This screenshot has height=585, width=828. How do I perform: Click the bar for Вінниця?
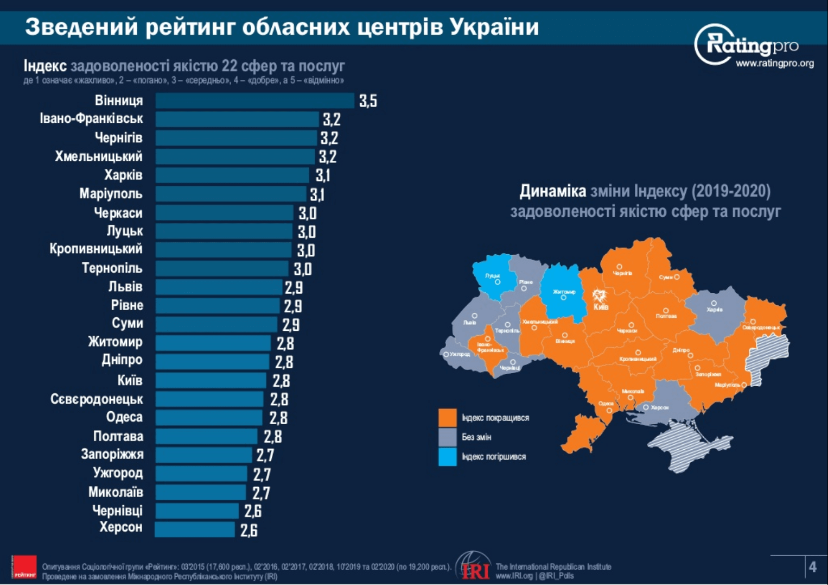[x=254, y=100]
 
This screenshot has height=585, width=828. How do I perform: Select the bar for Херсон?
[x=195, y=530]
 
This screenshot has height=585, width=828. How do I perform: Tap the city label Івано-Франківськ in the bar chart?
[x=91, y=118]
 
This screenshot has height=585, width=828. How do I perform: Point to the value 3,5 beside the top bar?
[x=368, y=101]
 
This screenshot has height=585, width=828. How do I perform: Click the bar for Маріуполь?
[x=231, y=194]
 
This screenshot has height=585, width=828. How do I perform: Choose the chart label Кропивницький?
[x=96, y=249]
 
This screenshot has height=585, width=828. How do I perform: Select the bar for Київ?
[x=211, y=380]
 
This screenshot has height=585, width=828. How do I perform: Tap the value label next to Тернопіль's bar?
[x=303, y=269]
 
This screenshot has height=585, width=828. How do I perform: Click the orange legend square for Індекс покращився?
[x=447, y=418]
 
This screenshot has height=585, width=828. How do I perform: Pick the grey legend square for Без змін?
[x=447, y=437]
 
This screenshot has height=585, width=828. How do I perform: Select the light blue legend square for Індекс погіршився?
[x=447, y=457]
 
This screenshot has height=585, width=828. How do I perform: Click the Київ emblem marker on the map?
[x=599, y=297]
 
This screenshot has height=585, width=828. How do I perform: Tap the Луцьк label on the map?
[x=492, y=276]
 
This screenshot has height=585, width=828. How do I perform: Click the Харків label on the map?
[x=714, y=309]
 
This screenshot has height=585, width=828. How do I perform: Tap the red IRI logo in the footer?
[x=474, y=567]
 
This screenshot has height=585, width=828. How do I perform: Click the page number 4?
[x=812, y=567]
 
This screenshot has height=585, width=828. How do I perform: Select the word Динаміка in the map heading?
[x=552, y=191]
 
